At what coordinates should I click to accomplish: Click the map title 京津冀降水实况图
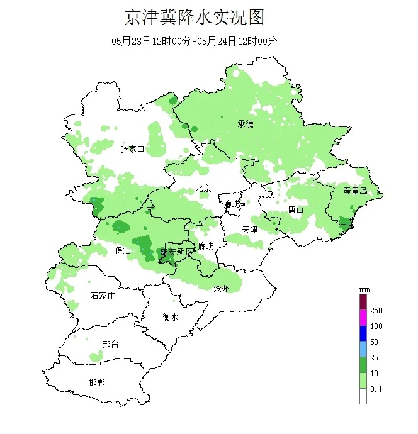pyautogui.click(x=194, y=17)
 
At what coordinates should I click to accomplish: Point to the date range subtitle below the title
pyautogui.click(x=194, y=41)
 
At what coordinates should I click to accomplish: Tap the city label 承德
pyautogui.click(x=246, y=124)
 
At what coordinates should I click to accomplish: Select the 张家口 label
pyautogui.click(x=132, y=149)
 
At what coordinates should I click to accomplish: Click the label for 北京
pyautogui.click(x=203, y=187)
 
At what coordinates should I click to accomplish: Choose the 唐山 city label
pyautogui.click(x=296, y=209)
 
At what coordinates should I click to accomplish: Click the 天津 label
pyautogui.click(x=250, y=230)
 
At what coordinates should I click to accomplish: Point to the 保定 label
pyautogui.click(x=123, y=250)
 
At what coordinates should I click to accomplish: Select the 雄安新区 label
pyautogui.click(x=178, y=252)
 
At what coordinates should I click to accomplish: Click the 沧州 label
pyautogui.click(x=222, y=289)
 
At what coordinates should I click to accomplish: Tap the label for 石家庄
pyautogui.click(x=103, y=296)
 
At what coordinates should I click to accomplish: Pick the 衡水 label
pyautogui.click(x=171, y=317)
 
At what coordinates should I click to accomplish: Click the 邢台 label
pyautogui.click(x=110, y=344)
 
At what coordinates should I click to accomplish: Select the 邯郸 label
pyautogui.click(x=97, y=382)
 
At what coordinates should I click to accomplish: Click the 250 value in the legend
pyautogui.click(x=376, y=310)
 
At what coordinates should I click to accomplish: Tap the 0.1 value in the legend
pyautogui.click(x=376, y=389)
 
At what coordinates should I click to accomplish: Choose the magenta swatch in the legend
pyautogui.click(x=363, y=318)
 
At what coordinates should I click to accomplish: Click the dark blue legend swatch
pyautogui.click(x=363, y=334)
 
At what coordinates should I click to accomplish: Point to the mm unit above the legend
pyautogui.click(x=363, y=290)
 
